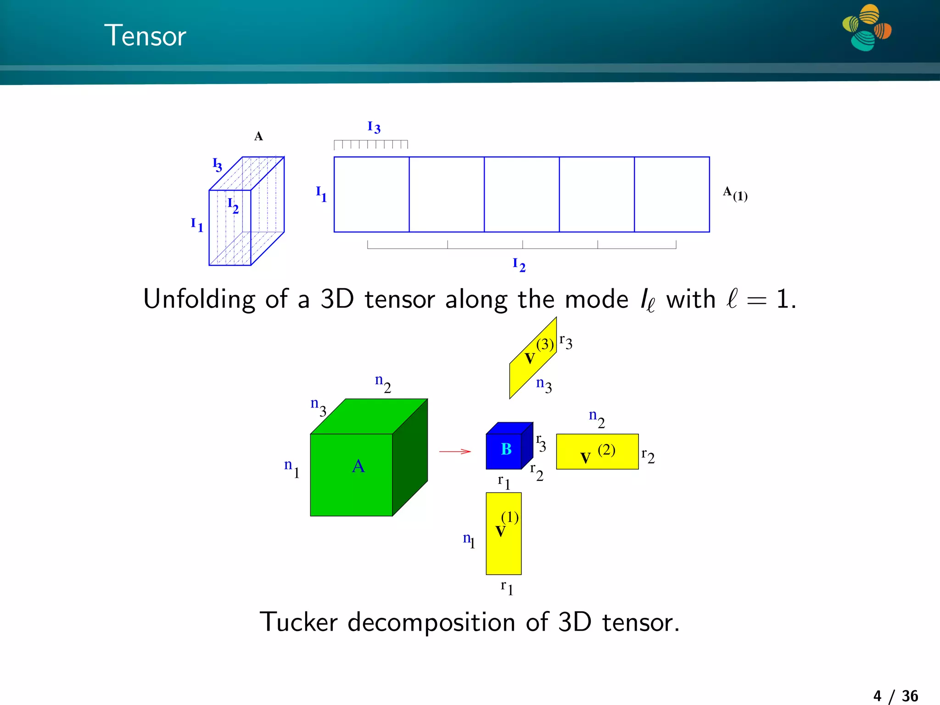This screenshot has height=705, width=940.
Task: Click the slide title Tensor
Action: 145,36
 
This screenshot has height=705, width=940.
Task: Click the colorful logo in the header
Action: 867,28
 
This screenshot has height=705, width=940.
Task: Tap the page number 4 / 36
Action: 895,696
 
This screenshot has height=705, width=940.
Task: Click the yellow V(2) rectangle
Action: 597,452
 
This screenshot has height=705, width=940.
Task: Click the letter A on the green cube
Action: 358,466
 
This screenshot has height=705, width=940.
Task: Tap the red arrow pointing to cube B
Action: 454,452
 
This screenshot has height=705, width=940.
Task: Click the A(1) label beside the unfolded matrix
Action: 735,194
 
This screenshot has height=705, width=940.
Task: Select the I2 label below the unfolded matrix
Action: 519,265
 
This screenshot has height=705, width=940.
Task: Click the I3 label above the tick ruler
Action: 374,127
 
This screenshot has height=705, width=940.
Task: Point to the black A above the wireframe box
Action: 258,136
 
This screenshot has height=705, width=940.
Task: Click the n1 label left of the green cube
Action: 291,468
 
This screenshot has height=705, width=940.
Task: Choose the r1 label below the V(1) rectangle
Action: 507,587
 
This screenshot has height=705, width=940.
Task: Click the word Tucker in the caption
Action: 299,622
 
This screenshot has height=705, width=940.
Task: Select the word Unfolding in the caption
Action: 199,299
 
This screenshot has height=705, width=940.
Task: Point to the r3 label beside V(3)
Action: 566,342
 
